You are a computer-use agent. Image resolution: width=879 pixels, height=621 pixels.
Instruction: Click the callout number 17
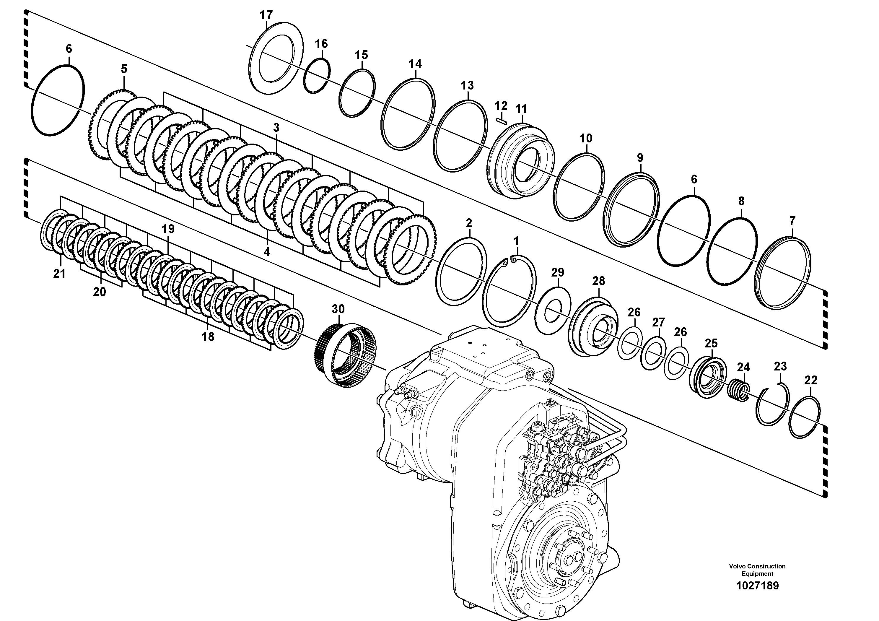(266, 15)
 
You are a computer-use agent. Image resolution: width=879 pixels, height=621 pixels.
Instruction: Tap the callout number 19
(168, 229)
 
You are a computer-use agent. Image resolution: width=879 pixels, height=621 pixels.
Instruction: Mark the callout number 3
(276, 128)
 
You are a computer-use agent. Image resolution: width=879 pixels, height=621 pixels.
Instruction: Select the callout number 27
(658, 322)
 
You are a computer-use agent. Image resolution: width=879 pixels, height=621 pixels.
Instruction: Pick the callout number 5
(124, 69)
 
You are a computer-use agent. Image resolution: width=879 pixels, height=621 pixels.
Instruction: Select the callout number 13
(467, 85)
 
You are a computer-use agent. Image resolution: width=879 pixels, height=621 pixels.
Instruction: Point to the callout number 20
(100, 292)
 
